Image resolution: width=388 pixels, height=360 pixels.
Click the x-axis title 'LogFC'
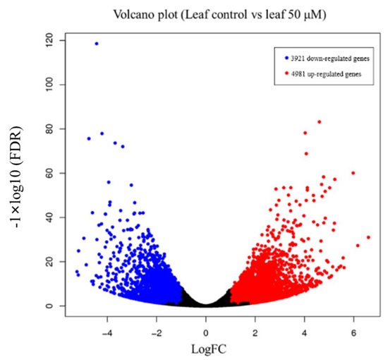[x=205, y=347]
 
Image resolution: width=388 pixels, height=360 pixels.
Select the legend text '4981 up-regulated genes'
[x=320, y=74]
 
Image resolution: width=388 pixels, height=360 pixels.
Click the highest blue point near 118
[x=97, y=44]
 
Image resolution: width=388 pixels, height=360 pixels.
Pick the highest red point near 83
[x=320, y=121]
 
